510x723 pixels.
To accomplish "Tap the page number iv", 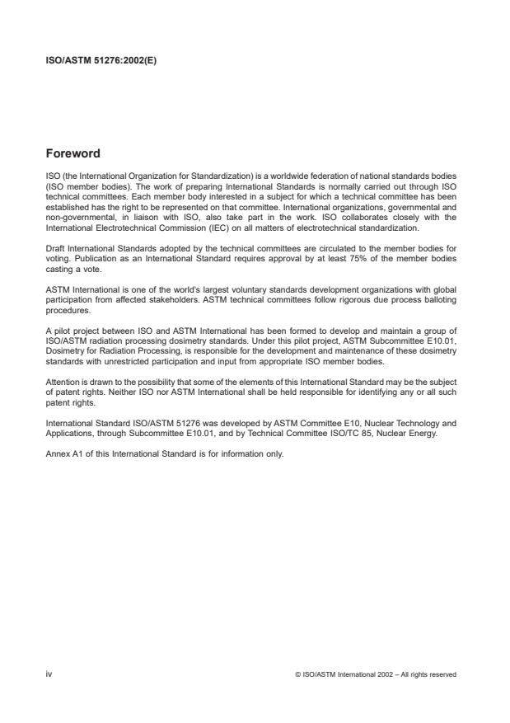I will tap(49, 674).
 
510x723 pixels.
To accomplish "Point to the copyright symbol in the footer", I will tap(296, 674).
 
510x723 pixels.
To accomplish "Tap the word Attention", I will tap(61, 383).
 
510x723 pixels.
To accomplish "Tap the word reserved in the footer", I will tap(441, 674).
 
